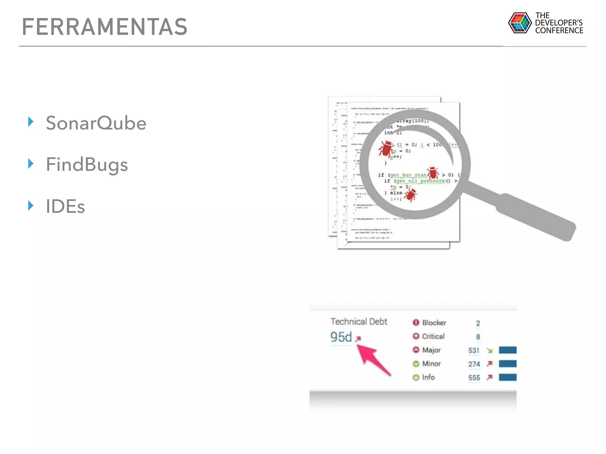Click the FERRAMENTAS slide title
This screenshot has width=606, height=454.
tap(105, 27)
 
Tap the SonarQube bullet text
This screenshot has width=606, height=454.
tap(96, 123)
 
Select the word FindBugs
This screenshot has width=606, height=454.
tap(87, 165)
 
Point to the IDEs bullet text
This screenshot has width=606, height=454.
tap(65, 206)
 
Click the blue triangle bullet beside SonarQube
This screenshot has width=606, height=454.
tap(31, 121)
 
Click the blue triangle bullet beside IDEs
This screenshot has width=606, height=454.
tap(31, 205)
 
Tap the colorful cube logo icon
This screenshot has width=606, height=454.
tap(520, 23)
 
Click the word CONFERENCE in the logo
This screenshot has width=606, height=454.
tap(559, 31)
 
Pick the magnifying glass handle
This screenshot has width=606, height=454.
tap(536, 217)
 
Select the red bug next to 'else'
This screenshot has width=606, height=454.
tap(411, 194)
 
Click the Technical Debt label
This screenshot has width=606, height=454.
tap(359, 322)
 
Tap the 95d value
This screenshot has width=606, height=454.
tap(341, 337)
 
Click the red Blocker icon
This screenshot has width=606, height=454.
tap(416, 322)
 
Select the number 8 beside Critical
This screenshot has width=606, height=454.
tap(478, 337)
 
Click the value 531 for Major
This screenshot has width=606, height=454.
tap(474, 351)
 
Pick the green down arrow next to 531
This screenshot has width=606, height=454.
tap(490, 351)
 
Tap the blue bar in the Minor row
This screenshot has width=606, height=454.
tap(507, 364)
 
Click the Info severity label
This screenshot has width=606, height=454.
tap(428, 377)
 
